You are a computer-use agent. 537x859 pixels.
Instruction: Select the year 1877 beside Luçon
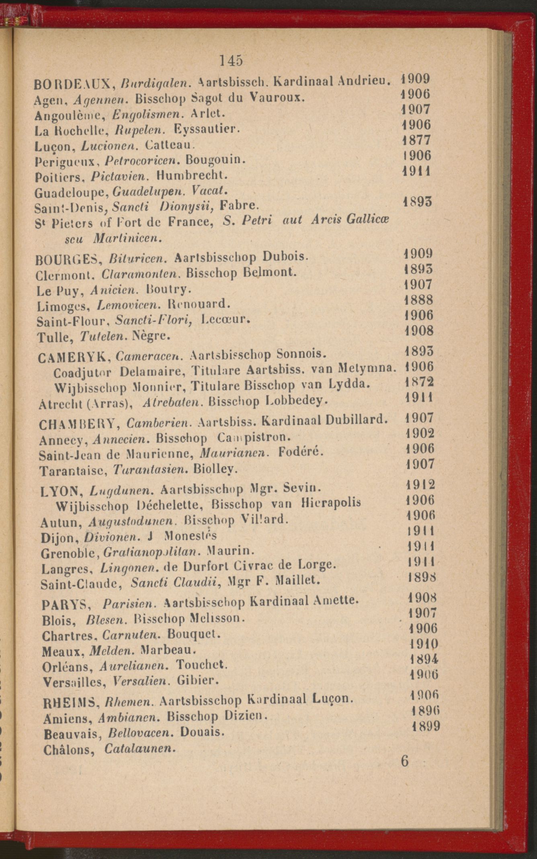[x=417, y=140]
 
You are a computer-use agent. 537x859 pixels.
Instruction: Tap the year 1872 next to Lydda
[x=419, y=381]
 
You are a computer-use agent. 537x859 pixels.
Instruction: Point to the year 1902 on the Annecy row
[x=420, y=433]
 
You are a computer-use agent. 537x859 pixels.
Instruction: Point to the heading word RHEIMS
[x=71, y=703]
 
